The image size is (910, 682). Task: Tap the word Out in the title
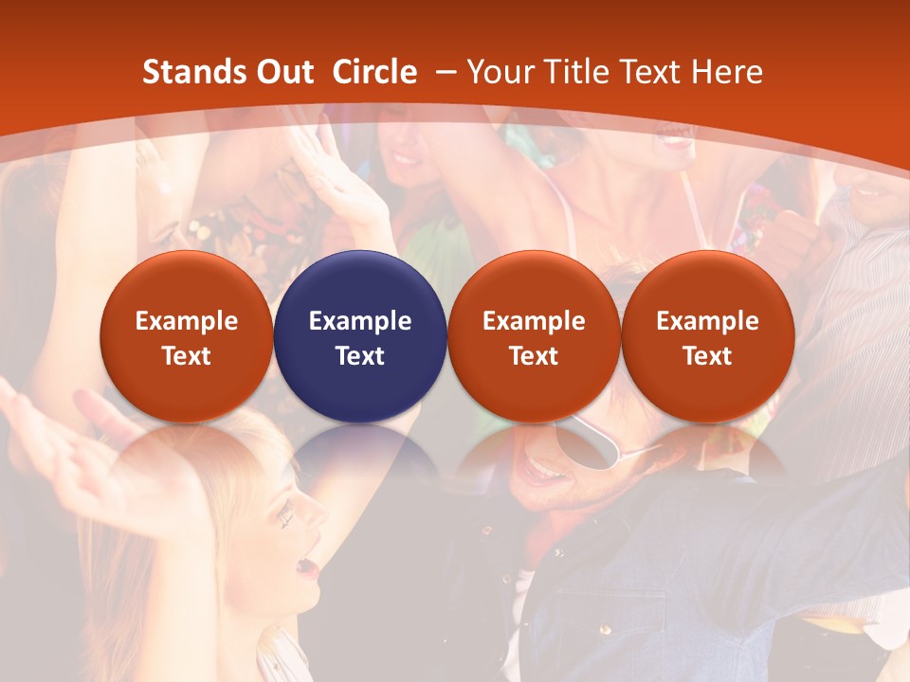pyautogui.click(x=282, y=72)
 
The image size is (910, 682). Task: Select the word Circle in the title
pyautogui.click(x=374, y=72)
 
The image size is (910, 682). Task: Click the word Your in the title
pyautogui.click(x=500, y=72)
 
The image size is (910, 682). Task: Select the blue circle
pyautogui.click(x=360, y=336)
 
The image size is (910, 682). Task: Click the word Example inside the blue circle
pyautogui.click(x=360, y=321)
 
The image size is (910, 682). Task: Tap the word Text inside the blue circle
pyautogui.click(x=360, y=356)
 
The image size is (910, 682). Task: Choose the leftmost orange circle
pyautogui.click(x=186, y=336)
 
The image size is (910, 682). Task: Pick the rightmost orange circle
pyautogui.click(x=707, y=336)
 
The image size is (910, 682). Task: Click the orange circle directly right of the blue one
pyautogui.click(x=534, y=336)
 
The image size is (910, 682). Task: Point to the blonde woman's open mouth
pyautogui.click(x=306, y=565)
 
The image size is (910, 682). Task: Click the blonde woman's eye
pyautogui.click(x=285, y=516)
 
